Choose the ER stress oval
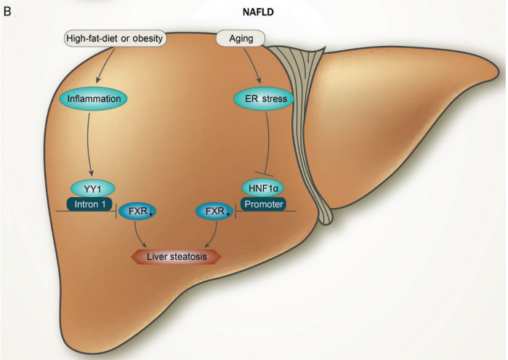263,97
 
